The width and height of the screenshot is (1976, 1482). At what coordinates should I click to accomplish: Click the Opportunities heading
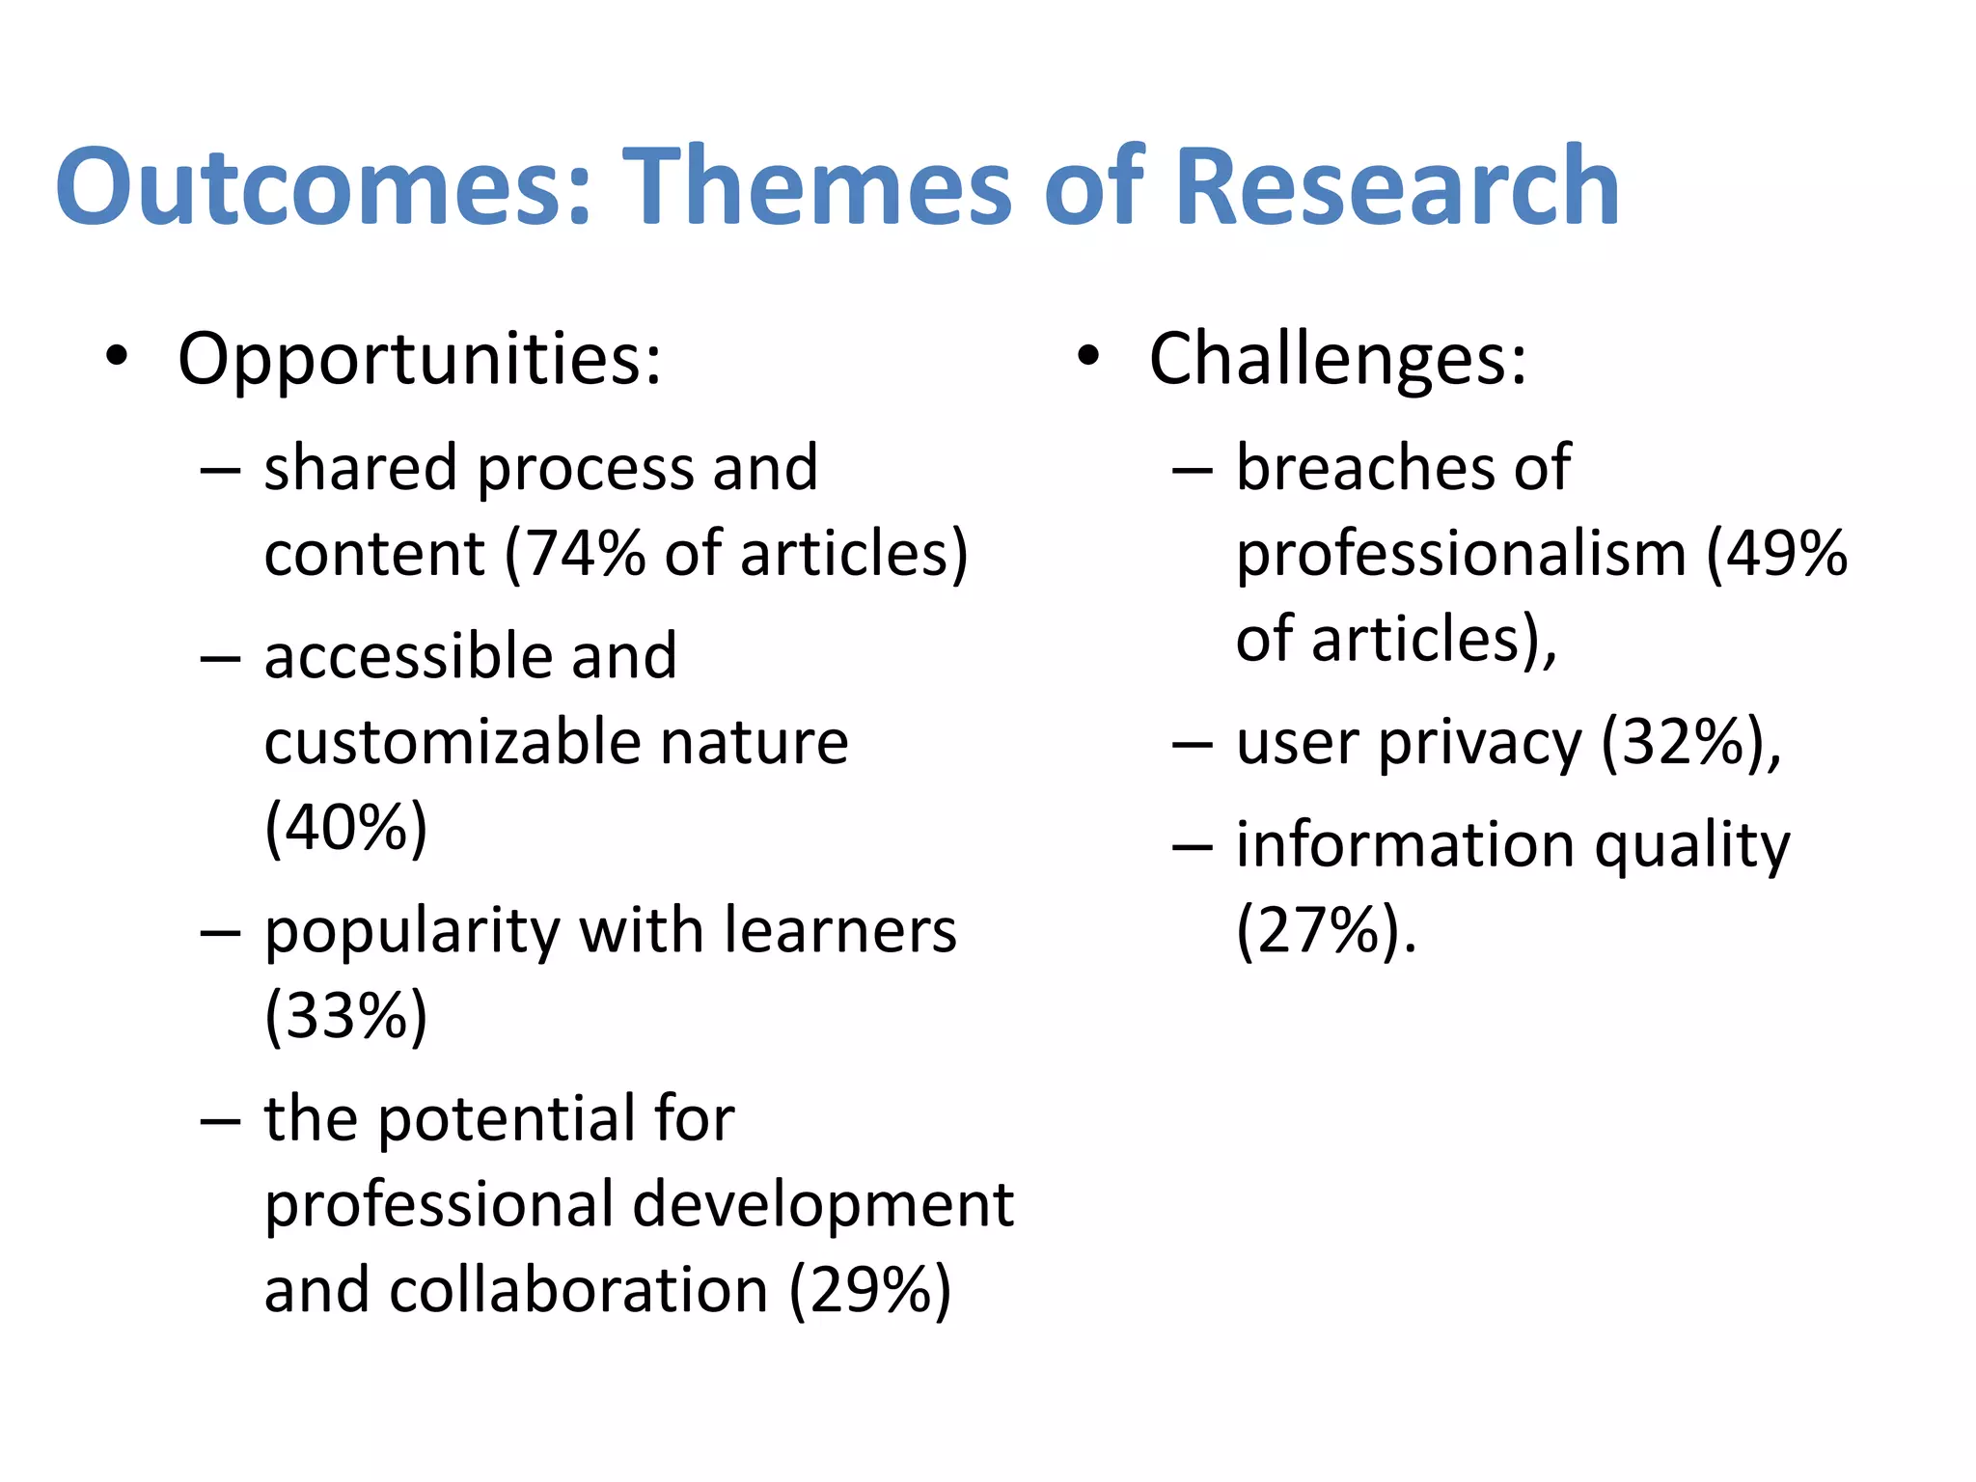point(420,359)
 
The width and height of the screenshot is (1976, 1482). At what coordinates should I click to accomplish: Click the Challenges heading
point(1337,359)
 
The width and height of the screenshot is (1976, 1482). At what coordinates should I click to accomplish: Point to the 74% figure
point(585,554)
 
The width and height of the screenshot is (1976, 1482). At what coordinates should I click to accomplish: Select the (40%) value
point(345,828)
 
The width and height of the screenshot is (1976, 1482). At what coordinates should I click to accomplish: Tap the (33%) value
point(345,1016)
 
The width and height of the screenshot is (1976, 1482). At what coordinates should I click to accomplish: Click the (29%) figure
point(870,1290)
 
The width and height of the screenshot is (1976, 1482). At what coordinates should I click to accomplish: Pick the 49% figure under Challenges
point(1786,554)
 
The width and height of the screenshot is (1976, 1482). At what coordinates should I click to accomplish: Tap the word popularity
point(412,931)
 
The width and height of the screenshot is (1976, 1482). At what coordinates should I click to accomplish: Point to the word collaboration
point(578,1290)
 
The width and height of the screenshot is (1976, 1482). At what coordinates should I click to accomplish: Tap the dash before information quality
point(1192,847)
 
